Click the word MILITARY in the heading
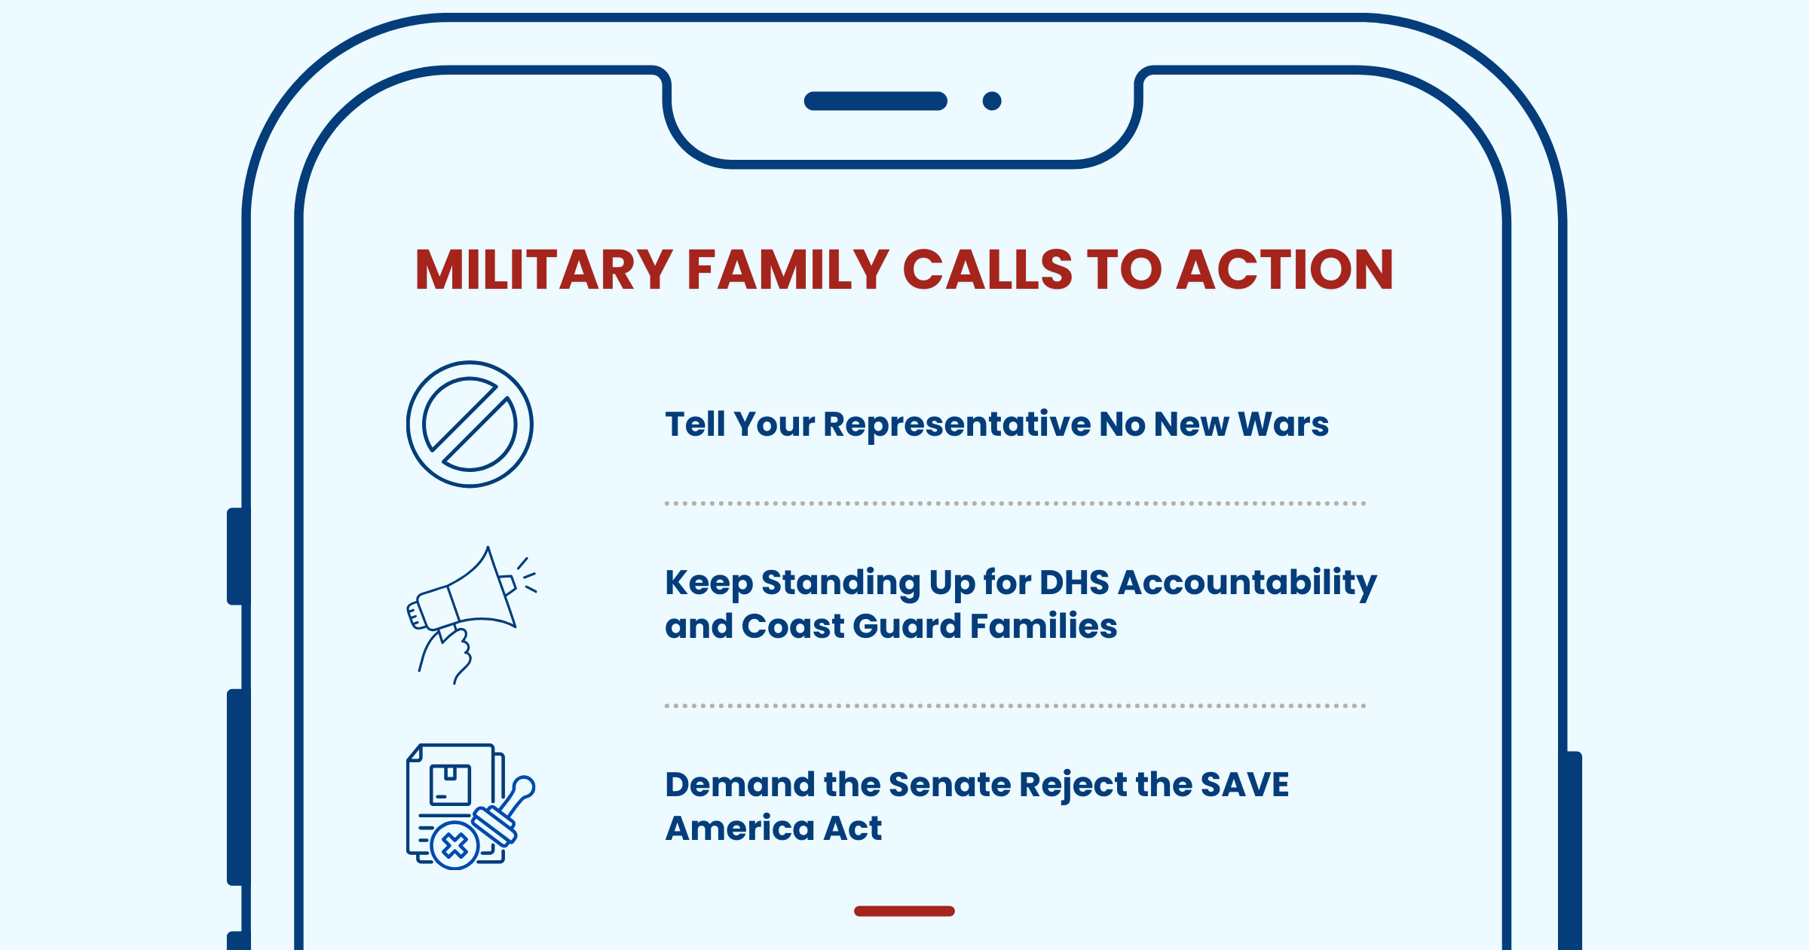pos(543,270)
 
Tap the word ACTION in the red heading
pos(1285,270)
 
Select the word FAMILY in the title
pos(788,270)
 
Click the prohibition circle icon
pos(470,424)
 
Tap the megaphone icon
pos(471,614)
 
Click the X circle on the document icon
pos(455,846)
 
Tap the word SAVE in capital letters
pos(1244,785)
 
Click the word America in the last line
pos(739,829)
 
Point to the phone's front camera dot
pos(992,101)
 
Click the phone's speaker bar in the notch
pos(876,101)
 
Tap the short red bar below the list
pos(904,912)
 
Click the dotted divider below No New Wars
pos(1015,503)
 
